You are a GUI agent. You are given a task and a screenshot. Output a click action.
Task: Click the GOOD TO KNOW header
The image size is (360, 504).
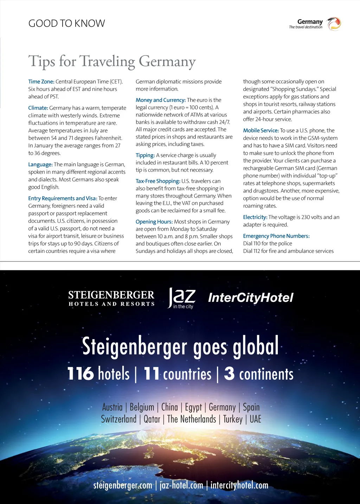66,24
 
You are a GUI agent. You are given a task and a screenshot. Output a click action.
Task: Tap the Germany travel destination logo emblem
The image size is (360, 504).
334,24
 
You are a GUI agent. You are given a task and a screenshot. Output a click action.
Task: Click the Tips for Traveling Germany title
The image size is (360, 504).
112,61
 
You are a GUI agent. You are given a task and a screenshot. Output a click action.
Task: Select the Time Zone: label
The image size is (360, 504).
41,82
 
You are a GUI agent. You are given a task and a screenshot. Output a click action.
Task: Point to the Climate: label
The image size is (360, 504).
38,108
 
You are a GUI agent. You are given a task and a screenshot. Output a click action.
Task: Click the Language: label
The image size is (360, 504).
40,164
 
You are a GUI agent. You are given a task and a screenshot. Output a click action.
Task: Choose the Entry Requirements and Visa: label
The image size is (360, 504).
63,198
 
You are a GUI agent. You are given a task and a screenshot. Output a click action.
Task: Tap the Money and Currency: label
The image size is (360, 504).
161,100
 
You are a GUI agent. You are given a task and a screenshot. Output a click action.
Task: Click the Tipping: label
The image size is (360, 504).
145,155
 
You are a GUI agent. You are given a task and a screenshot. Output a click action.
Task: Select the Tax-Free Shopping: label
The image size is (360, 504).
158,181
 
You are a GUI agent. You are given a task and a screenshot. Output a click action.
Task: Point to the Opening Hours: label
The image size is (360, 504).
154,222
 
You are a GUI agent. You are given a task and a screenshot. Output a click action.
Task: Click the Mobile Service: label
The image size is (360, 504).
261,130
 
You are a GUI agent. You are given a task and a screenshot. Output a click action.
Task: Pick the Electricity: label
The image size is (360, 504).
255,217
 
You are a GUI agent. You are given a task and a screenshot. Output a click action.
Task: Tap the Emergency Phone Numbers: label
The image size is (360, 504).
276,236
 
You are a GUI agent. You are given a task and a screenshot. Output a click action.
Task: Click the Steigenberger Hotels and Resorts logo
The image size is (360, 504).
111,298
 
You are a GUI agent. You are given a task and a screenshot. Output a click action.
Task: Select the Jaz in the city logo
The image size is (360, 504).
181,298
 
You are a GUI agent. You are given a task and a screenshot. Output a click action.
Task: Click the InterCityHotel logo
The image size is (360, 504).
251,298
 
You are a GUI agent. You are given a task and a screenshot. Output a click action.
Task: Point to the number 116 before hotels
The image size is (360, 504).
81,374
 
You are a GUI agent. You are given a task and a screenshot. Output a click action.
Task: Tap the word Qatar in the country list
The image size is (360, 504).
152,419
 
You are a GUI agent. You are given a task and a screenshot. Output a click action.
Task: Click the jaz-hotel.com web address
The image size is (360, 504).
181,485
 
